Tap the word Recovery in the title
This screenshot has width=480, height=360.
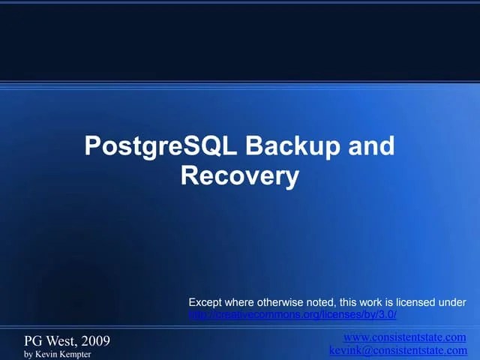coord(240,176)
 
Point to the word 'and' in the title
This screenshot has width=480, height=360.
coord(370,145)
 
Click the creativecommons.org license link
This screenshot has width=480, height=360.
coord(292,315)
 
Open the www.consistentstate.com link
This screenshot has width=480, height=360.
coord(405,337)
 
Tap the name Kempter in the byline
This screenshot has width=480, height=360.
coord(74,353)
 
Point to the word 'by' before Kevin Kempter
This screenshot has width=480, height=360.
coord(28,354)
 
